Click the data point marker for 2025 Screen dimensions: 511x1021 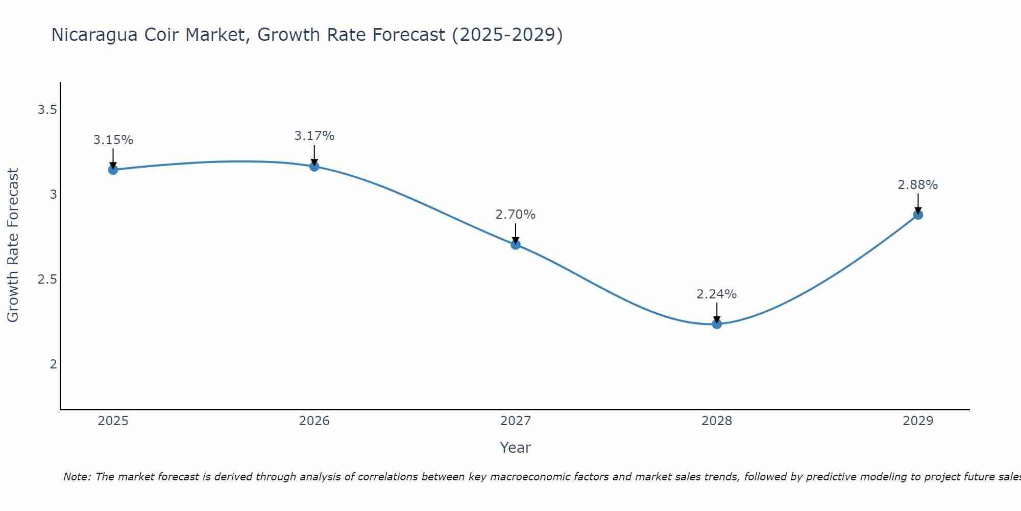(x=113, y=170)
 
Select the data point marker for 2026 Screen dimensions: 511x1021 (x=314, y=167)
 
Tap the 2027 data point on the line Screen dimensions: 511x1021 (x=516, y=245)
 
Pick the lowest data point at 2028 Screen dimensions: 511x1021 (x=717, y=324)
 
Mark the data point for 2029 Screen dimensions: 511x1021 (x=918, y=215)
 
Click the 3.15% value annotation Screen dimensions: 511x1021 (x=113, y=140)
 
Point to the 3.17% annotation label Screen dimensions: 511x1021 (x=314, y=136)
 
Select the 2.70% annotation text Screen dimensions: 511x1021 (x=516, y=215)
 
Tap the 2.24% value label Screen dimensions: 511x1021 (x=717, y=294)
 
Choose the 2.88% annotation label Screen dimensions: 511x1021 (x=918, y=185)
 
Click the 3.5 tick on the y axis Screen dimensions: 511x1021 (x=47, y=110)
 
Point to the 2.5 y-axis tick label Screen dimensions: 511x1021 (x=47, y=280)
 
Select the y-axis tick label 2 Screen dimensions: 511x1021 (x=53, y=364)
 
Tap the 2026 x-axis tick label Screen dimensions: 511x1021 (x=314, y=421)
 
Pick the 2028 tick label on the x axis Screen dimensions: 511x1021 (x=717, y=421)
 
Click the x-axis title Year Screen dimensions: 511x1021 (x=516, y=448)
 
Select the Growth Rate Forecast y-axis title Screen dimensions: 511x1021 (x=13, y=245)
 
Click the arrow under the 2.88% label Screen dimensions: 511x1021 (x=918, y=203)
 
